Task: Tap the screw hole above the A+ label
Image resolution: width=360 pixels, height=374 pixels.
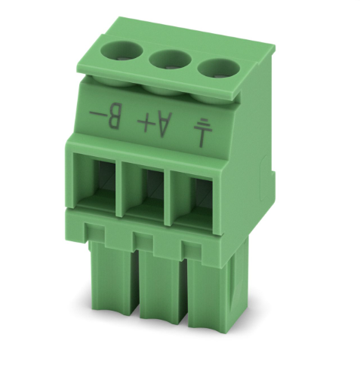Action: [171, 60]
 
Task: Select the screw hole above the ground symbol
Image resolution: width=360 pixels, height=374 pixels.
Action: [219, 69]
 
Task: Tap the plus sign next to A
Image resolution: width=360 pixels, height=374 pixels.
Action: [146, 121]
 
